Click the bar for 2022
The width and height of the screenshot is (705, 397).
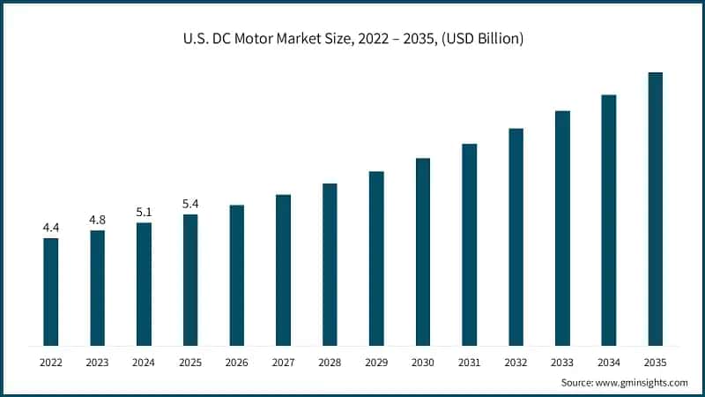pos(51,291)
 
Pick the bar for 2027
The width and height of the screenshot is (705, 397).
pos(283,270)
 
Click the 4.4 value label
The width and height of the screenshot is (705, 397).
pos(51,228)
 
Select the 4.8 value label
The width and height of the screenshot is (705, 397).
pos(98,220)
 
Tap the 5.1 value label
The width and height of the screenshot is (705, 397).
pos(144,212)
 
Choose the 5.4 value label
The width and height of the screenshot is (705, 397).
pos(190,204)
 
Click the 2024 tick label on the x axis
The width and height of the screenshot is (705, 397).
pos(144,362)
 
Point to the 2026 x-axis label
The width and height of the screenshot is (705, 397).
pos(237,362)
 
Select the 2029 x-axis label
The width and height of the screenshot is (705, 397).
pos(376,362)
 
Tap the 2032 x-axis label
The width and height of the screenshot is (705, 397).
pos(516,362)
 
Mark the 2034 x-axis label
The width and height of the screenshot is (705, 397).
pos(609,362)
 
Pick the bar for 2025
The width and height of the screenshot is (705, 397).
pos(190,280)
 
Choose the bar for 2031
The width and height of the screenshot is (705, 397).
pos(470,244)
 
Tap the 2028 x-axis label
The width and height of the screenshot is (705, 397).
pos(330,362)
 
